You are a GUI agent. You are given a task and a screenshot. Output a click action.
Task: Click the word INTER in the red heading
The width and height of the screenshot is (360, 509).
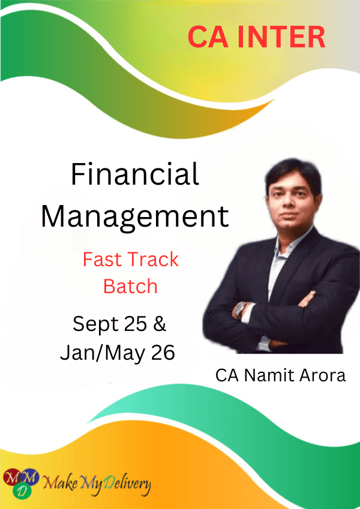(x=281, y=37)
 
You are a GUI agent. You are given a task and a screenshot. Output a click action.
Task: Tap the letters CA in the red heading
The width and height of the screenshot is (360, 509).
(x=208, y=37)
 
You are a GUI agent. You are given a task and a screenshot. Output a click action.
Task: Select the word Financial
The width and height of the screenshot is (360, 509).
(x=135, y=174)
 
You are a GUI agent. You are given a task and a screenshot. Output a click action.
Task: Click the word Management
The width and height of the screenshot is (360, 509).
(x=135, y=217)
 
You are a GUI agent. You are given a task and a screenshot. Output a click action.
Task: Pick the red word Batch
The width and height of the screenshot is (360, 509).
(x=130, y=287)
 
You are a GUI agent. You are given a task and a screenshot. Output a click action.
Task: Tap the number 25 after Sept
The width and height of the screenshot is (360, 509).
(x=135, y=324)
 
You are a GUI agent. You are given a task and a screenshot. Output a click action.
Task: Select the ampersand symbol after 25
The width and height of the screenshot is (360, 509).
(x=159, y=324)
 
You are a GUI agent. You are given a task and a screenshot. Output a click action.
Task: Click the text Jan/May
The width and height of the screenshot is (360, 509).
(x=103, y=353)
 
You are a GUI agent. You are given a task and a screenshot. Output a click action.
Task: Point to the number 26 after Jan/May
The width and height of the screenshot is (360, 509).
(x=163, y=353)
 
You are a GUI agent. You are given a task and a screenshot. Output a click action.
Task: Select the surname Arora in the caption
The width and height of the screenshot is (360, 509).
(x=322, y=375)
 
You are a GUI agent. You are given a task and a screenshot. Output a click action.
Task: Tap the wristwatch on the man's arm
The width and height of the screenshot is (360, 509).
(x=241, y=310)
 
